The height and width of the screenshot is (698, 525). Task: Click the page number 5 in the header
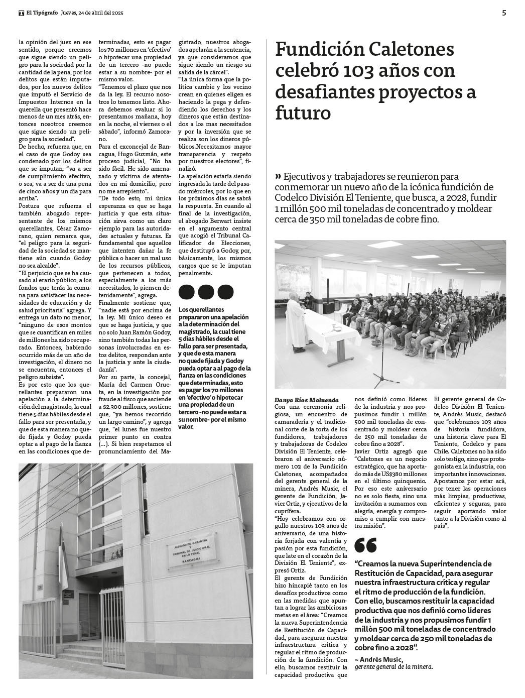(x=503, y=14)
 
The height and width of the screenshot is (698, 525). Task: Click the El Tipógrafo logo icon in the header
(x=22, y=14)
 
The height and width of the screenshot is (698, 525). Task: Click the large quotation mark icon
(x=366, y=545)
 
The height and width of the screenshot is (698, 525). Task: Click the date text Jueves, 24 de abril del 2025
(x=91, y=14)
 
